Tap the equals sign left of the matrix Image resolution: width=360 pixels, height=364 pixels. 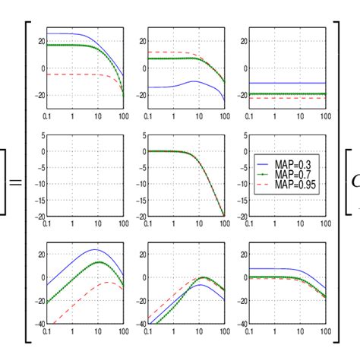pos(14,183)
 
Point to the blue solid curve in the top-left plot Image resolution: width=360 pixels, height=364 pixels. pos(68,34)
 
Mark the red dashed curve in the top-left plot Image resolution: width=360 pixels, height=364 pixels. pos(68,74)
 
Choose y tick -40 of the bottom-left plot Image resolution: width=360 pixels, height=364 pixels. pos(39,323)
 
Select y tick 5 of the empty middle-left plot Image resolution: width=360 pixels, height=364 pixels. pos(42,137)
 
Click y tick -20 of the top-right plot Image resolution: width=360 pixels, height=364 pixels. pos(242,94)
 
